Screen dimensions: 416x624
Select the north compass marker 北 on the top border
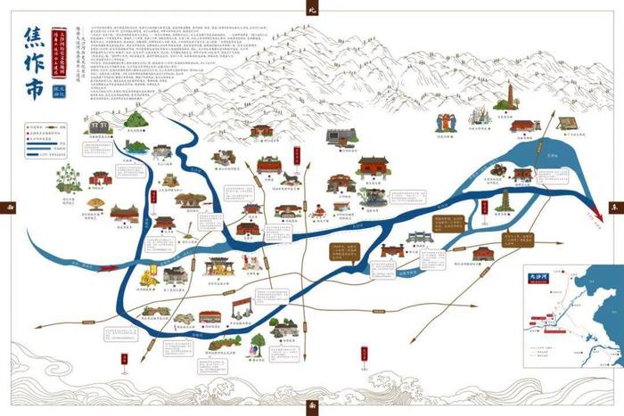tap(312, 8)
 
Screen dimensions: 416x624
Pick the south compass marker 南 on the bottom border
tap(311, 407)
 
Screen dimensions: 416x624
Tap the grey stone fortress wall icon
tap(341, 136)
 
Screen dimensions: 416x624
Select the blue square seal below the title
tap(62, 90)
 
